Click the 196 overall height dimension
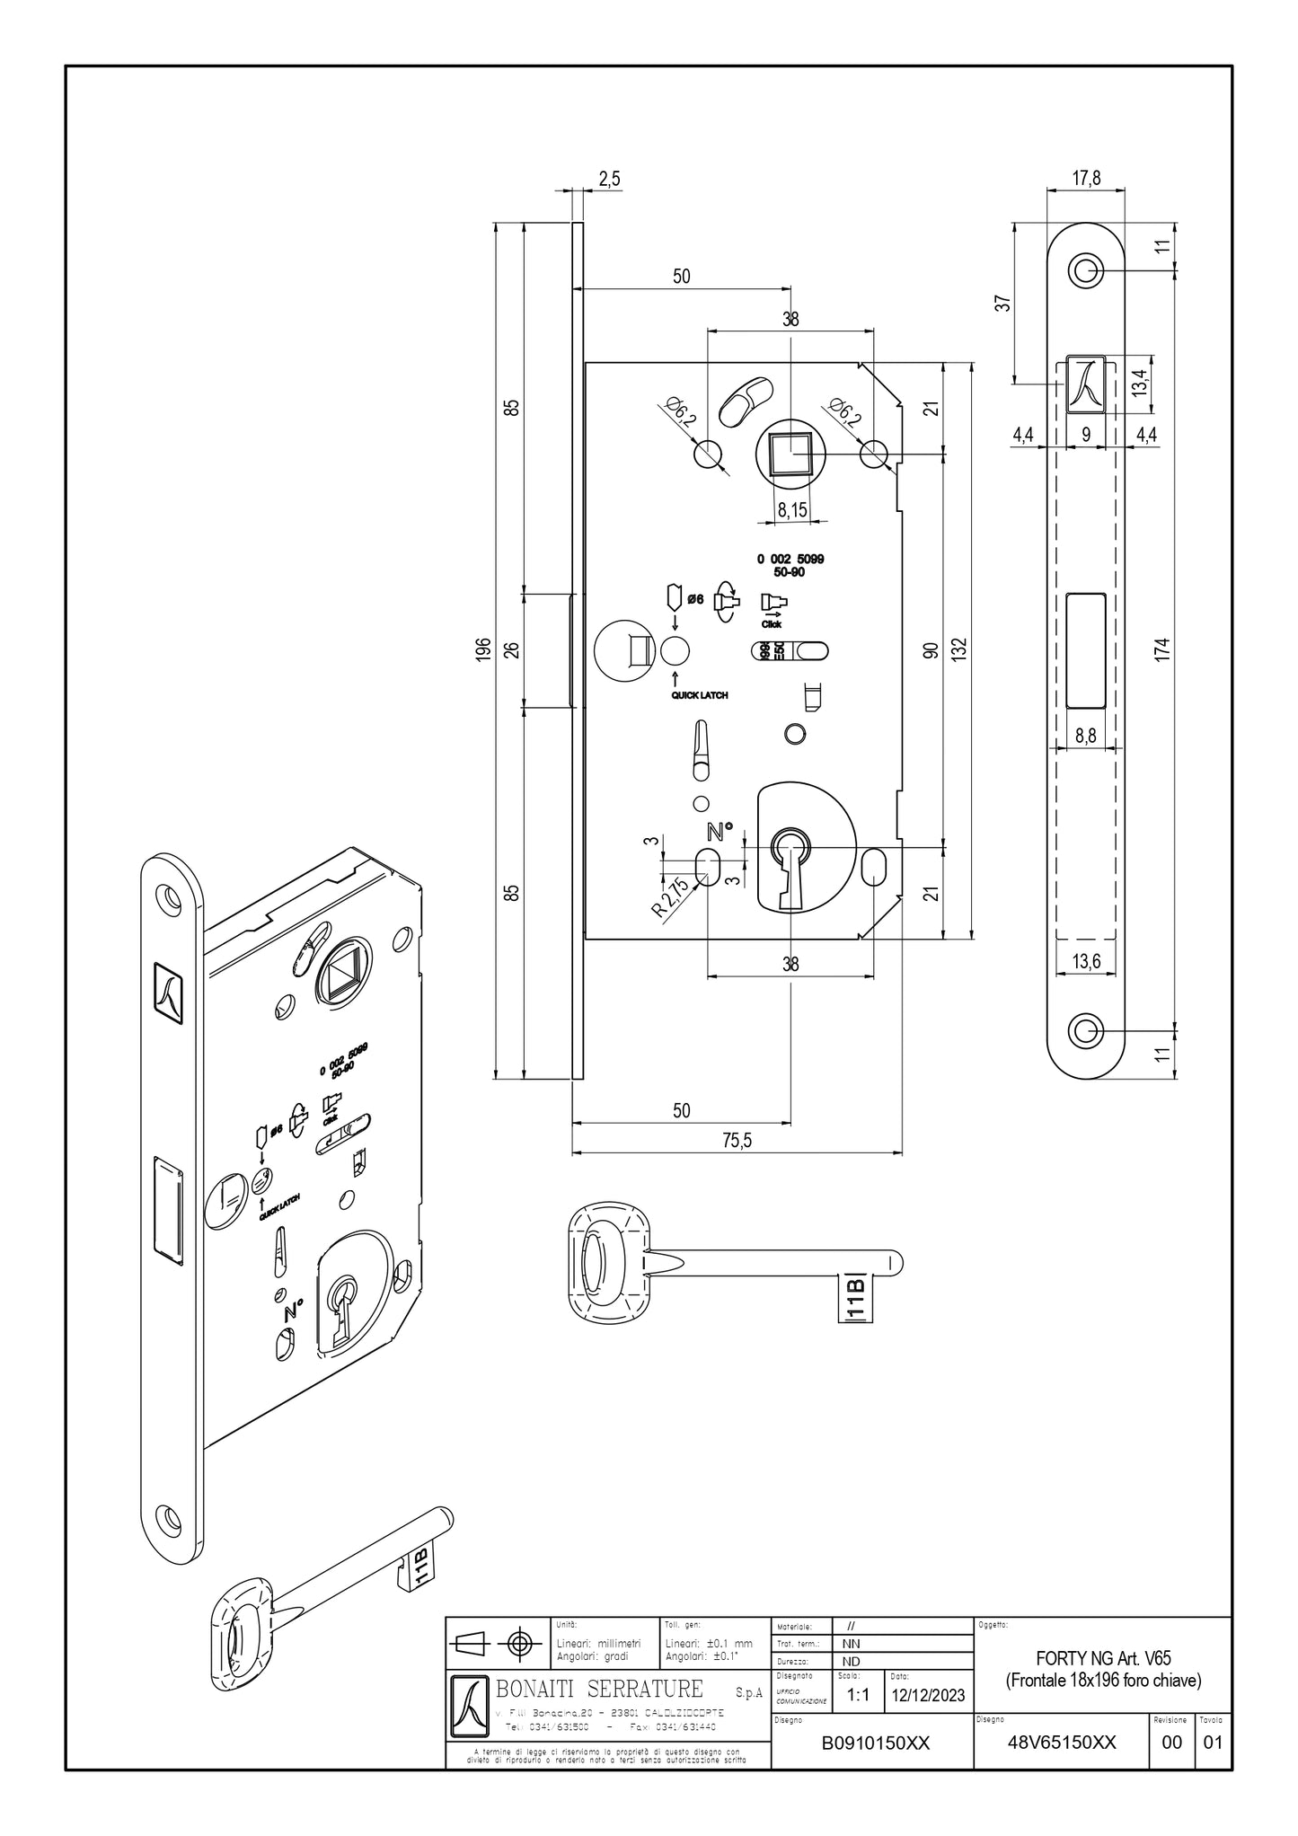coord(483,649)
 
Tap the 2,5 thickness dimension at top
coord(609,179)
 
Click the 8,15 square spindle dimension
coord(791,510)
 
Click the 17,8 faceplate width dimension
coord(1086,178)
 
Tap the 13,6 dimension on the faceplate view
coord(1086,962)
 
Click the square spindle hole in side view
coord(790,453)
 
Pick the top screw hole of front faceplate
coord(1086,270)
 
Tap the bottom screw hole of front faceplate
coord(1086,1028)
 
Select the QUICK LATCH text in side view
coord(700,694)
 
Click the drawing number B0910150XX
coord(875,1743)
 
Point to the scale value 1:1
coord(858,1694)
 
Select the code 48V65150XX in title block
coord(1062,1743)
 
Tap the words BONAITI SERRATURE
coord(600,1688)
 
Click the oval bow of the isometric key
coord(235,1640)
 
